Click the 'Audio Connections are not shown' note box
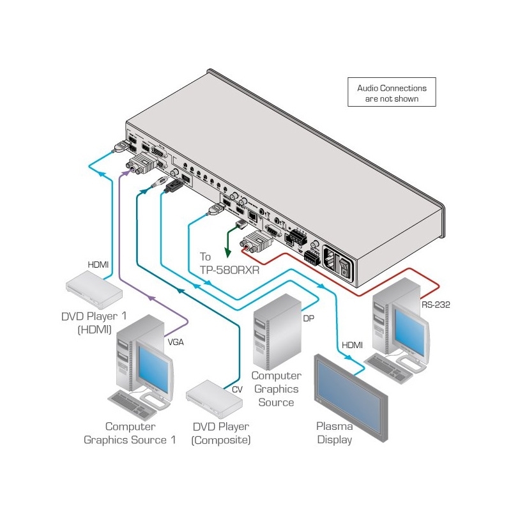(392, 93)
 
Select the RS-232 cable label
(436, 305)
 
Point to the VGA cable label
(176, 342)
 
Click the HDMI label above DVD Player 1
(98, 263)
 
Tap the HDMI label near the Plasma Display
(351, 345)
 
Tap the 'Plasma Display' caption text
(334, 432)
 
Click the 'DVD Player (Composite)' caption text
(220, 432)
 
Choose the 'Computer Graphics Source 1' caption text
(130, 432)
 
